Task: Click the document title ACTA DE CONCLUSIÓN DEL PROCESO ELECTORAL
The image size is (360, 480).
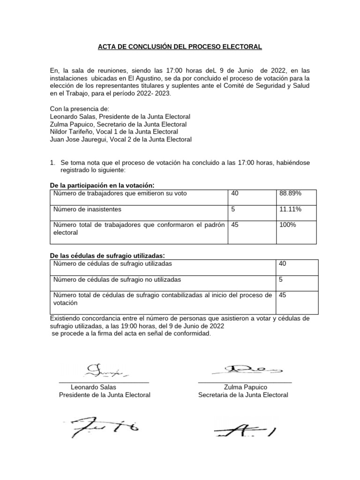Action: tap(180, 47)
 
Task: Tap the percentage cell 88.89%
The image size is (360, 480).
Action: tap(290, 193)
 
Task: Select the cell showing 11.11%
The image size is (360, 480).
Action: tap(290, 209)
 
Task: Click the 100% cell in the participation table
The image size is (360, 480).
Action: tap(288, 225)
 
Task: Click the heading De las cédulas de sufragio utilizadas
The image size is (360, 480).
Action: tap(107, 255)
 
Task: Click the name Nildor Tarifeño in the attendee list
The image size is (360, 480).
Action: tap(73, 132)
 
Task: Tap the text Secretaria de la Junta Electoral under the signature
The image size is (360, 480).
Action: tap(243, 395)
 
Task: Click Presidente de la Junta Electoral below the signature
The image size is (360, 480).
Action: tap(105, 395)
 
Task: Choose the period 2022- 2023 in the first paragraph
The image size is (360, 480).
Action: tap(154, 94)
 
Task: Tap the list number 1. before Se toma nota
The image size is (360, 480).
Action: tap(53, 162)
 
